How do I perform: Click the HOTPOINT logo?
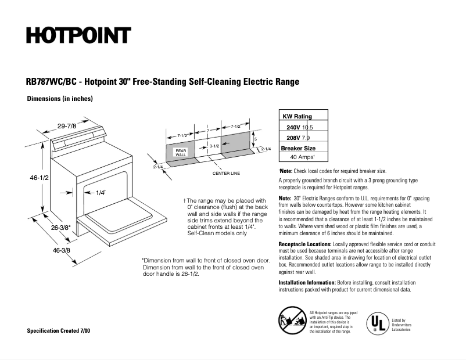coord(77,35)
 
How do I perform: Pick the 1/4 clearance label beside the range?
coord(101,193)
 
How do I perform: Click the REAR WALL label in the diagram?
coord(180,153)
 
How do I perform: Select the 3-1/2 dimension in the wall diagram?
coord(214,146)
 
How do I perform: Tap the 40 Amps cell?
coord(302,157)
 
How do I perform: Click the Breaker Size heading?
coord(298,147)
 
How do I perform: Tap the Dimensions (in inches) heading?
coord(60,99)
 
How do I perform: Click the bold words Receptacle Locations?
coord(305,243)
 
